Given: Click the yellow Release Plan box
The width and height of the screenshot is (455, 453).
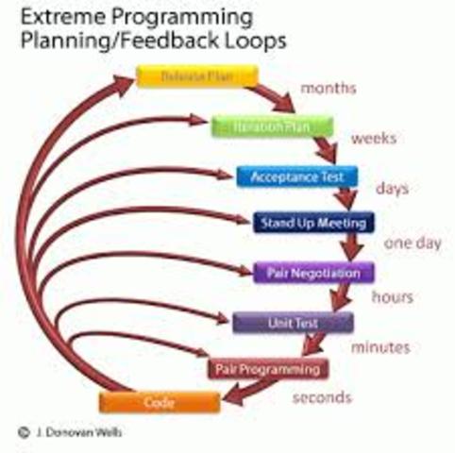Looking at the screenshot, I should tap(196, 75).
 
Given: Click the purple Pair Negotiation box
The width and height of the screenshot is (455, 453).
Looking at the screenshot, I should tap(313, 273).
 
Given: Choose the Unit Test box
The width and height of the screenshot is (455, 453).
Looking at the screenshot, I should tap(292, 322).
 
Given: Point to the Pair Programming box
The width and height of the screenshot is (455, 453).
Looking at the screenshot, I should tap(268, 367).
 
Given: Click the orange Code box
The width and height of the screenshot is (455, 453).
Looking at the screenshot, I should tap(160, 402).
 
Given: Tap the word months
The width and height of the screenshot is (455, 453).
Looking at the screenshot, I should tap(328, 89).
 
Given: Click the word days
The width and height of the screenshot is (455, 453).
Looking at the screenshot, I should tap(392, 189).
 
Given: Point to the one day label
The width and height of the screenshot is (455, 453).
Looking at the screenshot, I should tap(413, 243).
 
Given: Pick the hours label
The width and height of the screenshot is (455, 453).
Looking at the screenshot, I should tap(392, 297).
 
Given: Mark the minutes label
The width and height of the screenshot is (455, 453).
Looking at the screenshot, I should tap(380, 347).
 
